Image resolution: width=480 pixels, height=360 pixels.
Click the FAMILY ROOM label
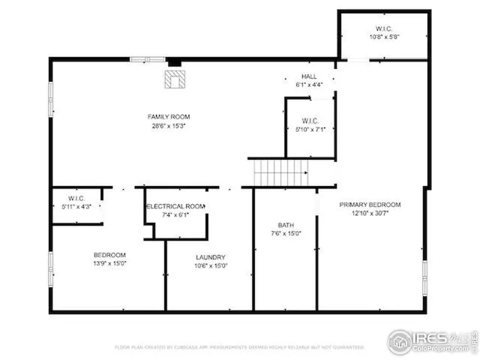pyautogui.click(x=169, y=117)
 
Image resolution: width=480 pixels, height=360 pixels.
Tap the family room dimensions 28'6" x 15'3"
pyautogui.click(x=169, y=126)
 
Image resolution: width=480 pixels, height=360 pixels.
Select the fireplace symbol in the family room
pyautogui.click(x=175, y=80)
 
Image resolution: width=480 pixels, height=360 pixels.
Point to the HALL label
pyautogui.click(x=309, y=76)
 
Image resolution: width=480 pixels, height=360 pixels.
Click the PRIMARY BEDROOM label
pyautogui.click(x=370, y=205)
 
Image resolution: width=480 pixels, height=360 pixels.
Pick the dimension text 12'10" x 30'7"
pyautogui.click(x=370, y=213)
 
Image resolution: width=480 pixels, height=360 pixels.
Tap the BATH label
pyautogui.click(x=286, y=225)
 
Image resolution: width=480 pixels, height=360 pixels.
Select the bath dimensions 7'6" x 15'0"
pyautogui.click(x=286, y=233)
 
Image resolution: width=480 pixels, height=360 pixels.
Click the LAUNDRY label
pyautogui.click(x=211, y=256)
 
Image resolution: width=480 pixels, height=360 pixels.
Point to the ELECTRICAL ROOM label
pyautogui.click(x=175, y=206)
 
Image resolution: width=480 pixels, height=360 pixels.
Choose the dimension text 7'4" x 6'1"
pyautogui.click(x=175, y=215)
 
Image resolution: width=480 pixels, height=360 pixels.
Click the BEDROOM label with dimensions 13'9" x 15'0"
pyautogui.click(x=109, y=255)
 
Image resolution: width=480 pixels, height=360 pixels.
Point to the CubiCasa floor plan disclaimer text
pyautogui.click(x=238, y=348)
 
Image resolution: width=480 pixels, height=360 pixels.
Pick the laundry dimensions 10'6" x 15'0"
pyautogui.click(x=211, y=265)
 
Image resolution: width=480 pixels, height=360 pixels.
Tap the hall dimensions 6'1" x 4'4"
pyautogui.click(x=309, y=85)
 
